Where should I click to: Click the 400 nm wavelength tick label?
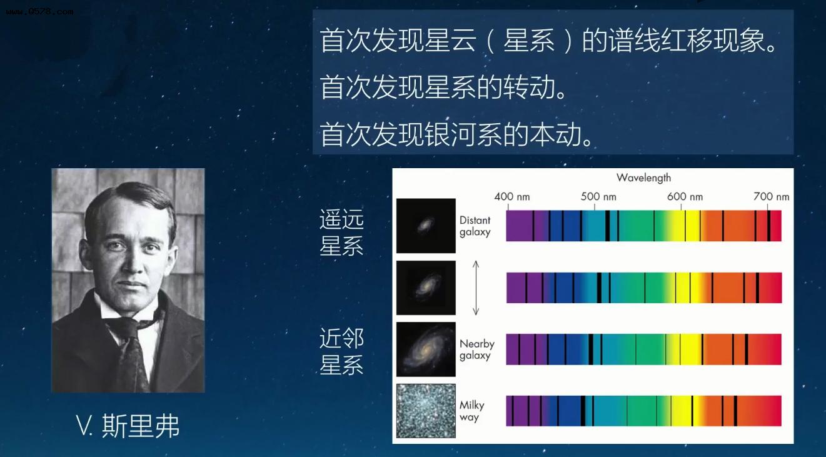[511, 196]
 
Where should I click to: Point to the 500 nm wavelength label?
[598, 196]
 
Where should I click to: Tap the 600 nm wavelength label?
[685, 196]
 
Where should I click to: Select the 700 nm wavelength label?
[771, 196]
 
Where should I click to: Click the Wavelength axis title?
[643, 178]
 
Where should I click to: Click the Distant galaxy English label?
[475, 226]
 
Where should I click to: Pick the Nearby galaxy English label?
[476, 349]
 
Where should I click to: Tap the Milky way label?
[471, 411]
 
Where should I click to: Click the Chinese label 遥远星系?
[341, 233]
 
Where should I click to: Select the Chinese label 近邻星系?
[341, 352]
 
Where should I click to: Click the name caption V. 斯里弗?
[128, 426]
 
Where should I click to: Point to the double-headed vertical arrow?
[476, 288]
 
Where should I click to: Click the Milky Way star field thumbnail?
[426, 411]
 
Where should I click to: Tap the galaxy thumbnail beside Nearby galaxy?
[426, 349]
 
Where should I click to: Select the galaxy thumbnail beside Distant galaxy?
[426, 226]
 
